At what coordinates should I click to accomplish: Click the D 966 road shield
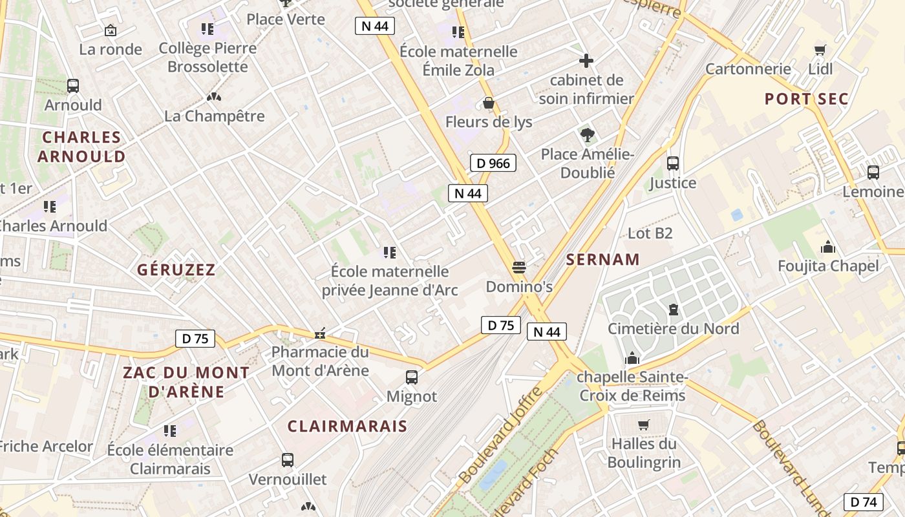point(493,164)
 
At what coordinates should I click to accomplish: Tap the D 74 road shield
point(864,501)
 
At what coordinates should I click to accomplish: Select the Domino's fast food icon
point(518,267)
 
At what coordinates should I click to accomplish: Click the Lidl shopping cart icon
point(820,50)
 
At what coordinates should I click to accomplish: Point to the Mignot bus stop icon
point(412,377)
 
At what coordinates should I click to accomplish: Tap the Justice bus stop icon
point(673,164)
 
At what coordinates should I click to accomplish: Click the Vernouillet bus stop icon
point(288,460)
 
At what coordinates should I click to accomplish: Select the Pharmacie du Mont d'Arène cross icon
point(319,334)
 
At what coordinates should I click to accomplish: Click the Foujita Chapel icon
point(828,247)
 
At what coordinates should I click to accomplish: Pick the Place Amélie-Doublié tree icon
point(587,135)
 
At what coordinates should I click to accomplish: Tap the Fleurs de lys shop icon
point(489,103)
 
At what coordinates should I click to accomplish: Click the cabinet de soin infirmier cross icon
point(586,61)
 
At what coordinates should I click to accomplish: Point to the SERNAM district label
point(602,260)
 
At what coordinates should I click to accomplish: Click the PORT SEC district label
point(806,99)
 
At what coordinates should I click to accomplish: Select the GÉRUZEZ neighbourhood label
point(176,270)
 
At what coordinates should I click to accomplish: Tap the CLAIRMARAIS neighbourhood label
point(347,427)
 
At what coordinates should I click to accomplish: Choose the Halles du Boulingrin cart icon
point(643,425)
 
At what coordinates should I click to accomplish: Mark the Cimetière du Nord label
point(673,329)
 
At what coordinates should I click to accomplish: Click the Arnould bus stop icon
point(73,86)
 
